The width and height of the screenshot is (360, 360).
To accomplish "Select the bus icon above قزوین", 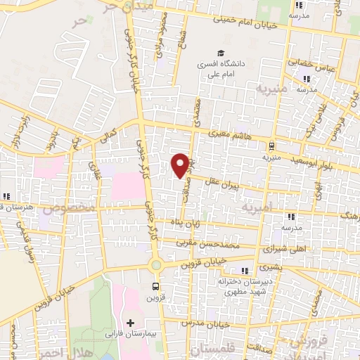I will pyautogui.click(x=155, y=286).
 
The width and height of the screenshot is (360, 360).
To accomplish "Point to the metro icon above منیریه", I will pyautogui.click(x=271, y=146).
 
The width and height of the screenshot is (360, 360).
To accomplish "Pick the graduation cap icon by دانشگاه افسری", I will pyautogui.click(x=221, y=53).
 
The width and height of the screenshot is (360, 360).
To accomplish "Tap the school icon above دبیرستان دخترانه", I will pyautogui.click(x=245, y=271).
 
